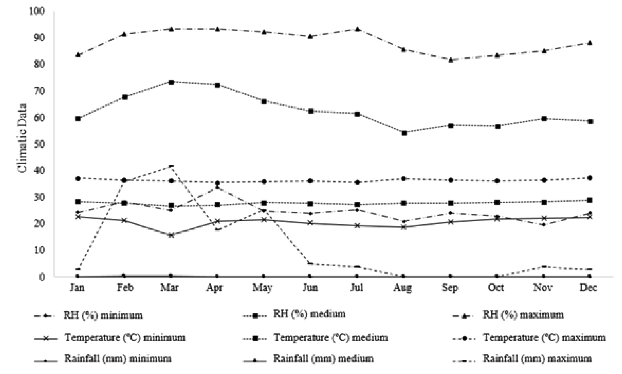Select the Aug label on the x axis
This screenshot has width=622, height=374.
402,288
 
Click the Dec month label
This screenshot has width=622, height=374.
588,288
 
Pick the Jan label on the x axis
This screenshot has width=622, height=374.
77,288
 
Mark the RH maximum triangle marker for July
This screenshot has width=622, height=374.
358,29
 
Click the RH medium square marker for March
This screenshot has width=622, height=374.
171,82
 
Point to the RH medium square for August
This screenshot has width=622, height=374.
404,133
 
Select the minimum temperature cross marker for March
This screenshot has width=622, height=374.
171,235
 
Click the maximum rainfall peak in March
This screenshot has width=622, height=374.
171,166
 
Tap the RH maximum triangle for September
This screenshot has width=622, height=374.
451,60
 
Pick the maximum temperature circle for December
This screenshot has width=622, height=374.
590,178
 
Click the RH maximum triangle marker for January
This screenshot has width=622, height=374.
78,55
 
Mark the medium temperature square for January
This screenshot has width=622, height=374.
78,201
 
